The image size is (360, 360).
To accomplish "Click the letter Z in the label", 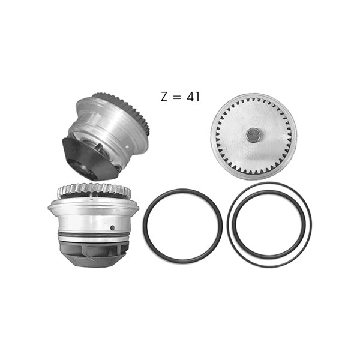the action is pos(164,97).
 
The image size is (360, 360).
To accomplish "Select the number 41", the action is pos(193,97).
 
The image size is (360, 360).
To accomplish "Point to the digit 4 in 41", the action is pos(190,97).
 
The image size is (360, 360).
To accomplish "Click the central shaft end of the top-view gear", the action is pos(253,135).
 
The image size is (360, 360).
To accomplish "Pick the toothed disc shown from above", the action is pos(253,137).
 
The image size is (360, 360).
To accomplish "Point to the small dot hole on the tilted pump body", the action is pos(127,146).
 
